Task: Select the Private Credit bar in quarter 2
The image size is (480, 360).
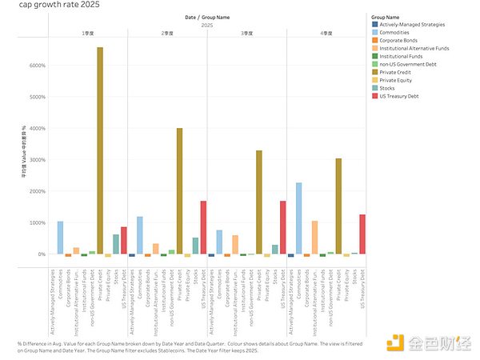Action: [x=179, y=191]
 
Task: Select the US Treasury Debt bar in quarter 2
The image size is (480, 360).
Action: [x=203, y=227]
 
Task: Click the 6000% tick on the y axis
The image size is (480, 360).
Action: [x=37, y=66]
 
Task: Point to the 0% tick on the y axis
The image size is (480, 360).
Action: [x=41, y=254]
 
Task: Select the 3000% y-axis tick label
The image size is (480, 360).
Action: [x=37, y=160]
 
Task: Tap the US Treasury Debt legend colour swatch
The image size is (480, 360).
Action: [x=374, y=96]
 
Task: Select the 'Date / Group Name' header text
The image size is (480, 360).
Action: [x=206, y=18]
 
